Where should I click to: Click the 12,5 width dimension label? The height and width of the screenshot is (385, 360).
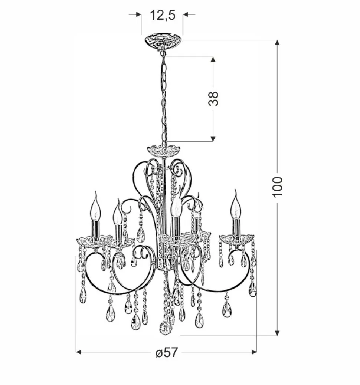pos(162,15)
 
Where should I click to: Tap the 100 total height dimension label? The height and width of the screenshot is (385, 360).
pos(278,187)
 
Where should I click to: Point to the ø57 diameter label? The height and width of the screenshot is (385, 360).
pos(167,353)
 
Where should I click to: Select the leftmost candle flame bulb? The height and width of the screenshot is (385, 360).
pos(96,208)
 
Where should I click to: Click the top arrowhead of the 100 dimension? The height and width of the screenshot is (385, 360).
pos(277,43)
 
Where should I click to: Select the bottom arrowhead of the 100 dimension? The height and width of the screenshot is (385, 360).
pos(277,333)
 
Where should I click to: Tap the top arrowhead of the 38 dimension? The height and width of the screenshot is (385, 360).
pos(213,60)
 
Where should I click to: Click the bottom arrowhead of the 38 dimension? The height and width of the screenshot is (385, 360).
pos(213,138)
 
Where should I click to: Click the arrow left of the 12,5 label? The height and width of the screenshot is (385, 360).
pos(138,14)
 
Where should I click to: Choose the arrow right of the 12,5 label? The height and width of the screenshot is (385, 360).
pos(186,14)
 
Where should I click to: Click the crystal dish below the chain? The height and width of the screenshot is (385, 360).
pos(163,150)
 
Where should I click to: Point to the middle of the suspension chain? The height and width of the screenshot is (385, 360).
pos(163,98)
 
